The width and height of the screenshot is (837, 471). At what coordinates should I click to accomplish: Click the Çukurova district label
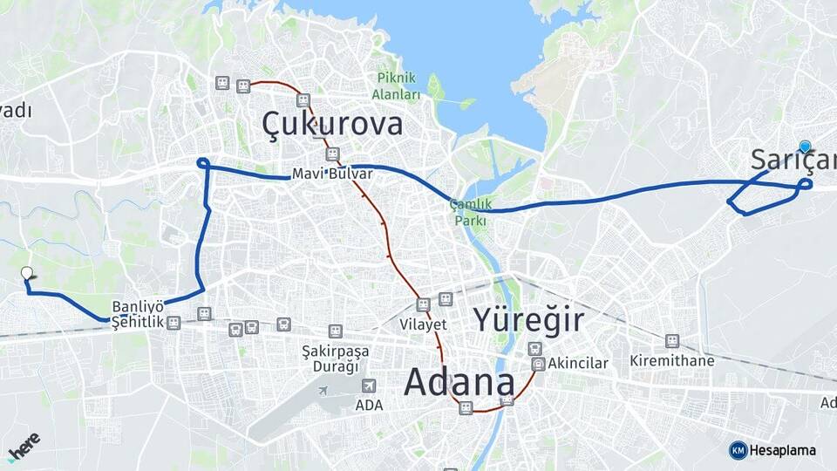[x=332, y=124]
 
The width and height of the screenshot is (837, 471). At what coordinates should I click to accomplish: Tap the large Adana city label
[x=459, y=381]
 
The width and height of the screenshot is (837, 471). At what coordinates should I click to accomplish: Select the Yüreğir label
[x=528, y=320]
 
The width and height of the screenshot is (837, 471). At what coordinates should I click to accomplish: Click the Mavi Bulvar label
[x=332, y=174]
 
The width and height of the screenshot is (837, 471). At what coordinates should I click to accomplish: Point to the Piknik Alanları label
[x=397, y=86]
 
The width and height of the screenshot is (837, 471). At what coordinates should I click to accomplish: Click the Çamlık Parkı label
[x=470, y=212]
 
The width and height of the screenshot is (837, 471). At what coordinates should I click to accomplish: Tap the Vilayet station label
[x=423, y=324]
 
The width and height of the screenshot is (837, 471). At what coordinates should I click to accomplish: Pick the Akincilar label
[x=580, y=363]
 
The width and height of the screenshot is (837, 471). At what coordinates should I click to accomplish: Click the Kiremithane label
[x=672, y=360]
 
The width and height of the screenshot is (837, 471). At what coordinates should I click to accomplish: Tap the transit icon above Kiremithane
[x=671, y=341]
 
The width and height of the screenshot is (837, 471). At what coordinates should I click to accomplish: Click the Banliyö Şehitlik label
[x=138, y=314]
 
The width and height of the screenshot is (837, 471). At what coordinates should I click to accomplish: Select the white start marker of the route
[x=27, y=274]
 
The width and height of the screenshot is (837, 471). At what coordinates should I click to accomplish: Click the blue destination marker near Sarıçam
[x=805, y=147]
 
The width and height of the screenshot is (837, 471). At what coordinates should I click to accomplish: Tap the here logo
[x=24, y=445]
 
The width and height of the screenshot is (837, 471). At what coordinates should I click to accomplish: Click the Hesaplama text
[x=783, y=450]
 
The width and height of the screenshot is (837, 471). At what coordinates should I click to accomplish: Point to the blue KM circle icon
[x=738, y=450]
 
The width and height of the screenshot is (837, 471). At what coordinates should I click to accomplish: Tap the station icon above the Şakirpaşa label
[x=335, y=331]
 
